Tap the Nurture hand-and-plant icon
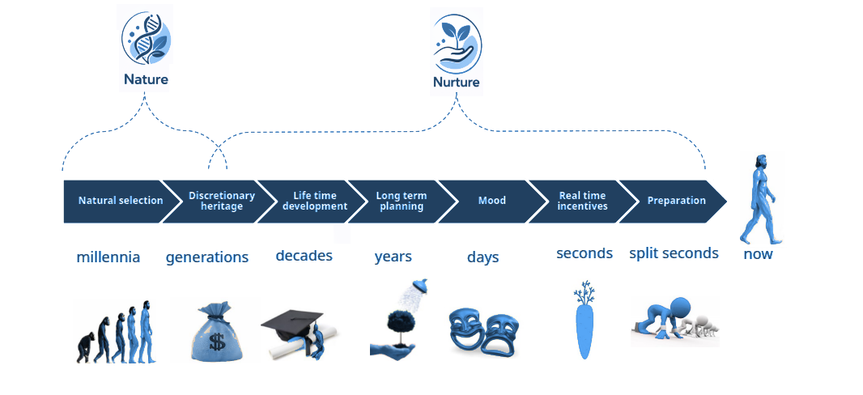(457, 42)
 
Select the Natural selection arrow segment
(117, 201)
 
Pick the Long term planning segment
(401, 201)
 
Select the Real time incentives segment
(582, 201)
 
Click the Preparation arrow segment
(676, 201)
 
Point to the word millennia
(108, 257)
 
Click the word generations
(207, 257)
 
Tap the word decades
(304, 256)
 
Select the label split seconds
(674, 253)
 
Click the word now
(758, 254)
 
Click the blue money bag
(215, 331)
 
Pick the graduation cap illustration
(293, 328)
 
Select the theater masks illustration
(483, 329)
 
